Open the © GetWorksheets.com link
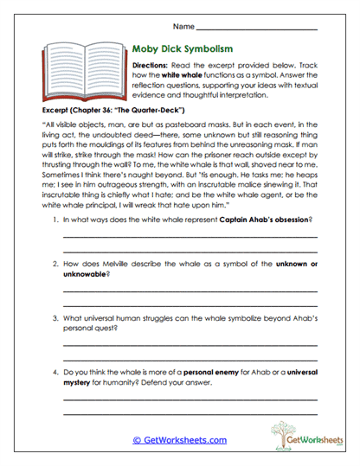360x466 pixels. click(x=179, y=439)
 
